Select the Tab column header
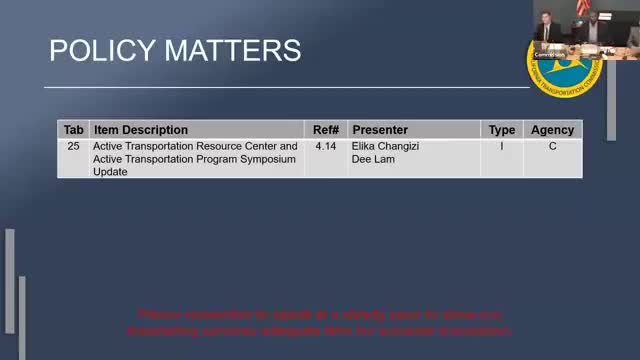(x=73, y=130)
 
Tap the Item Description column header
(x=140, y=130)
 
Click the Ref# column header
(x=325, y=130)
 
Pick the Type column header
(x=502, y=130)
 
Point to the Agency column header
(x=552, y=130)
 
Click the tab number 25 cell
(x=73, y=146)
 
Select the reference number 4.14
(x=325, y=146)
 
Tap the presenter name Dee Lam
(x=372, y=159)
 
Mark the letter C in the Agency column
(x=552, y=146)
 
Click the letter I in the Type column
(x=502, y=146)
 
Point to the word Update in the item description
(x=110, y=172)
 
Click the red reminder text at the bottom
(x=324, y=321)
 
